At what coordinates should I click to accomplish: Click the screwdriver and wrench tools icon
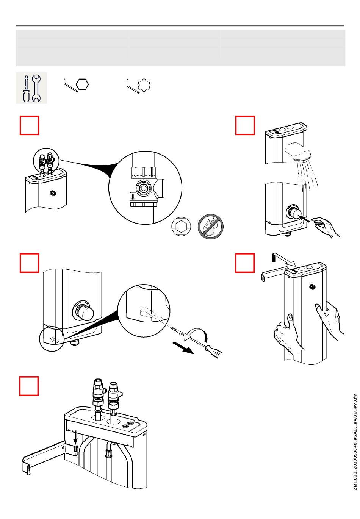click(x=31, y=88)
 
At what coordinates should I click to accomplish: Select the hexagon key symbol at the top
click(x=82, y=84)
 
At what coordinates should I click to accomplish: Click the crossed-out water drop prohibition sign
click(x=210, y=227)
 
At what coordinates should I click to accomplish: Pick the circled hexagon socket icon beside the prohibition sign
click(x=181, y=227)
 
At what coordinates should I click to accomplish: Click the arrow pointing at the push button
click(x=305, y=217)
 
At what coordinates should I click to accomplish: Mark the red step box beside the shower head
click(x=245, y=125)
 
